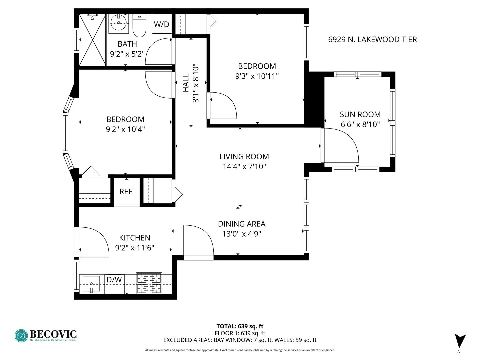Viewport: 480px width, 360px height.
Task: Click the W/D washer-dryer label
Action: (x=161, y=24)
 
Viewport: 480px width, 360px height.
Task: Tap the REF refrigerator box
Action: (x=126, y=192)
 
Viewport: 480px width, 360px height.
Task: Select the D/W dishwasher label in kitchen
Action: (x=114, y=280)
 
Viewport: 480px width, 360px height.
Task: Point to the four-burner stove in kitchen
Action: (x=149, y=283)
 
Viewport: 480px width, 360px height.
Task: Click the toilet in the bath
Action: (x=139, y=25)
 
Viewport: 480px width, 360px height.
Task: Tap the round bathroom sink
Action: (x=118, y=23)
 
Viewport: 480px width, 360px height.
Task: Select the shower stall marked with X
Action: (x=92, y=39)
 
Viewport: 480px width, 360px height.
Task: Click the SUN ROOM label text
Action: (x=360, y=114)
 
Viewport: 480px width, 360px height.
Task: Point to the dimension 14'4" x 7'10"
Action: (x=244, y=166)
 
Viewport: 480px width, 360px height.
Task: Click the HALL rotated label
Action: (x=186, y=83)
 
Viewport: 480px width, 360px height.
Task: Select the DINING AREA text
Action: (x=242, y=224)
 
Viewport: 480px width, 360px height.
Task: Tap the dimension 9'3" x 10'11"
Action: (x=257, y=76)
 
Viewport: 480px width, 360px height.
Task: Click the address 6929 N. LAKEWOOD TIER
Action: (x=372, y=39)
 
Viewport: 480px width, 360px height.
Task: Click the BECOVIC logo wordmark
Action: (x=53, y=334)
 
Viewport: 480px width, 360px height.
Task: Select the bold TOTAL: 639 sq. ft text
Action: (x=240, y=326)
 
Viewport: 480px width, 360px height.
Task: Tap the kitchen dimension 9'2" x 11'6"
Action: (x=135, y=248)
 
